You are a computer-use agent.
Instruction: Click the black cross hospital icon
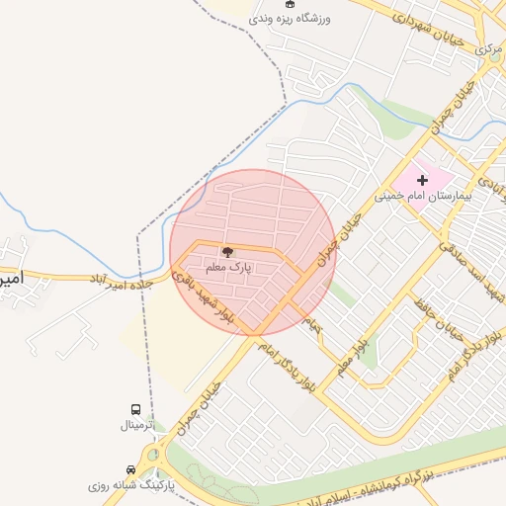(423, 180)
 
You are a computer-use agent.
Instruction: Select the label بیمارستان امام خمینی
(424, 196)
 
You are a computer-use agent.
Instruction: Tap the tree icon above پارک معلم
(228, 253)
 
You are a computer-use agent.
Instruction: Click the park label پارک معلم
(229, 267)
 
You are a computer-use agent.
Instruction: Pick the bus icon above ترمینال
(135, 409)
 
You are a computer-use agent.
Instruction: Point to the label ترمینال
(136, 425)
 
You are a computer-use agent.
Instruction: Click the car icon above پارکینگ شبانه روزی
(130, 469)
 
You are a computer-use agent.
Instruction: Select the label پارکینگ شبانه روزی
(130, 485)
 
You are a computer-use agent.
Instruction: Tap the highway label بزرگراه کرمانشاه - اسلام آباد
(395, 483)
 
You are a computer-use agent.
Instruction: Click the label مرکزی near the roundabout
(488, 46)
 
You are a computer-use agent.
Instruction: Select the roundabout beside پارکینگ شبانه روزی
(153, 458)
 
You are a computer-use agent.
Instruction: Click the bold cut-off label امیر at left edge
(10, 279)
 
